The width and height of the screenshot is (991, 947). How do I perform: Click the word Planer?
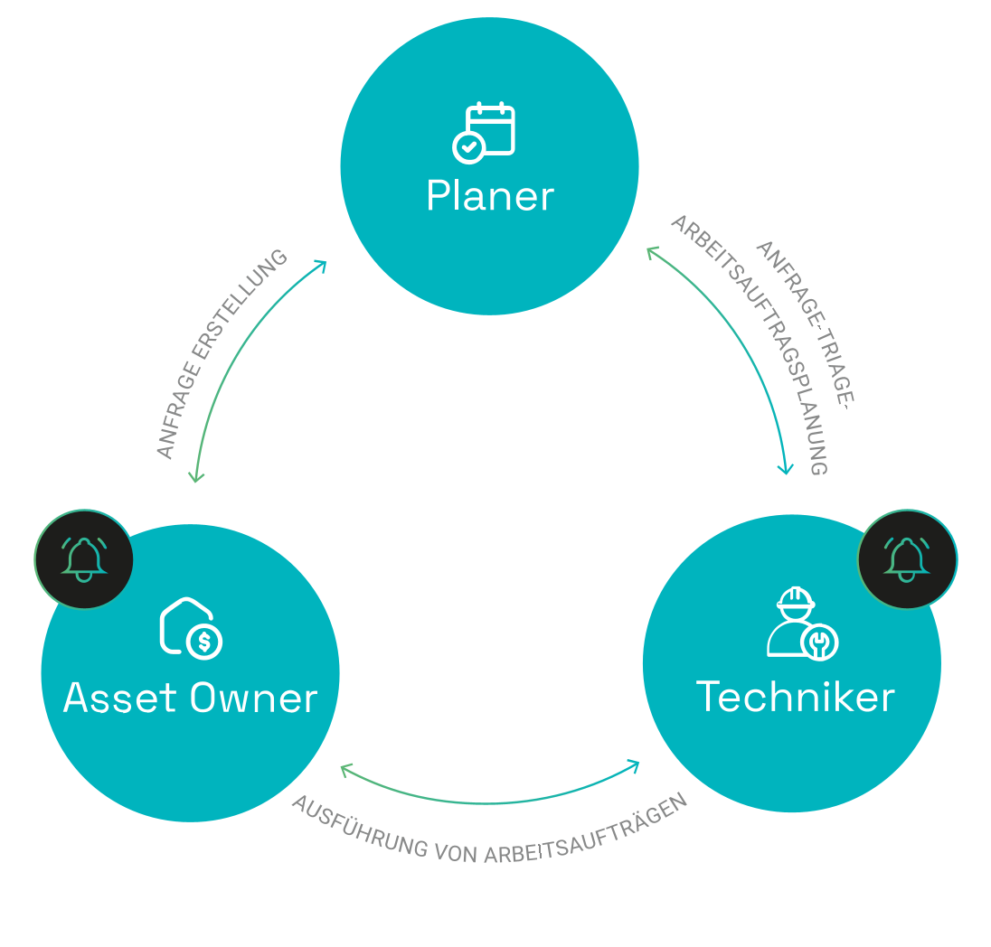tap(489, 196)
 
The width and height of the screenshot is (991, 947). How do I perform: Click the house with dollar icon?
tap(191, 626)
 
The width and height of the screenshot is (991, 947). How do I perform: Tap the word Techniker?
tap(795, 696)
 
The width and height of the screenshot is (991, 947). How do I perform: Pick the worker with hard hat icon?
tap(801, 623)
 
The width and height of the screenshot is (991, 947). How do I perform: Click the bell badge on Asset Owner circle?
tap(84, 559)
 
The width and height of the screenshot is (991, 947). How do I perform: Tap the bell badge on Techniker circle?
tap(907, 559)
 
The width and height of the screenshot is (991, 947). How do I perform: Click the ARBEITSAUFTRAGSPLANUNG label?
tap(750, 343)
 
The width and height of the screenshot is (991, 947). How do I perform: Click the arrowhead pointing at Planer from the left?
tap(320, 265)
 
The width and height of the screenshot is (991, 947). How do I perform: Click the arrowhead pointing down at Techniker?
tap(786, 468)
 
